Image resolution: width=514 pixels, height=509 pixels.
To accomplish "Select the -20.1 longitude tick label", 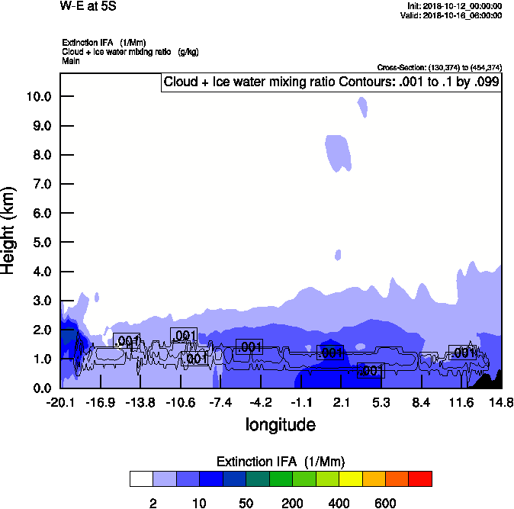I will (60, 402).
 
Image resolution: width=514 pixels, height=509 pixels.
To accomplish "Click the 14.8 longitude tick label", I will (501, 402).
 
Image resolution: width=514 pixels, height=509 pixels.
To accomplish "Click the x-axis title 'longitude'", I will (280, 424).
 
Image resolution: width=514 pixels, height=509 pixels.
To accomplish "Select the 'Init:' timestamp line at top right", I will (455, 6).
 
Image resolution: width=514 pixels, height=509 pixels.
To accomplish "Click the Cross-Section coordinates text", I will (439, 68).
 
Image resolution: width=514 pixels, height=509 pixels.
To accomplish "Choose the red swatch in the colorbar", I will (420, 479).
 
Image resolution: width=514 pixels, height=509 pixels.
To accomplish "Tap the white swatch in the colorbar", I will (141, 479).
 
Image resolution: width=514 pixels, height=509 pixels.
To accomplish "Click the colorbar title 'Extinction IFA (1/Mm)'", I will (281, 462).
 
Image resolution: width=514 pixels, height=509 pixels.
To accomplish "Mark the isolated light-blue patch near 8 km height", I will (338, 152).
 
